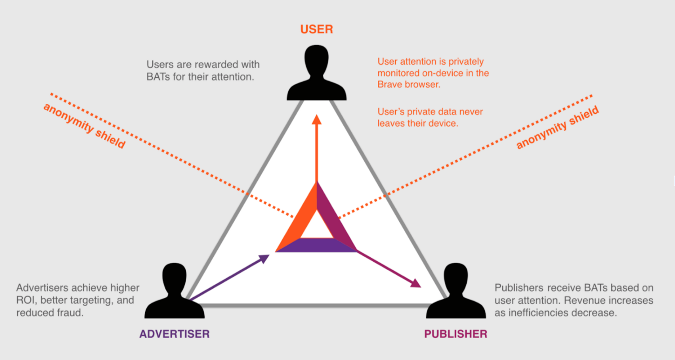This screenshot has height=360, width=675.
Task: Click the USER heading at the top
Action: tap(316, 29)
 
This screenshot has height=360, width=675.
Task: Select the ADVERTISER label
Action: tap(175, 334)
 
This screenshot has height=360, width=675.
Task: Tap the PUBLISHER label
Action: tap(456, 334)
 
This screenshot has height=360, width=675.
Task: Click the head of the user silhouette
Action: tap(316, 60)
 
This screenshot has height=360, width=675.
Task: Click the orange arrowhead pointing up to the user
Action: tap(316, 119)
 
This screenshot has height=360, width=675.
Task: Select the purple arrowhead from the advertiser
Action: tap(264, 259)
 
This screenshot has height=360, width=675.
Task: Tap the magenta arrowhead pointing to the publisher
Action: tap(416, 284)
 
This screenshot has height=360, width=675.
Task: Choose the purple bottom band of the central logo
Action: tap(316, 245)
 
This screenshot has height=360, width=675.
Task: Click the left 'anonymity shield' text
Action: tap(84, 126)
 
